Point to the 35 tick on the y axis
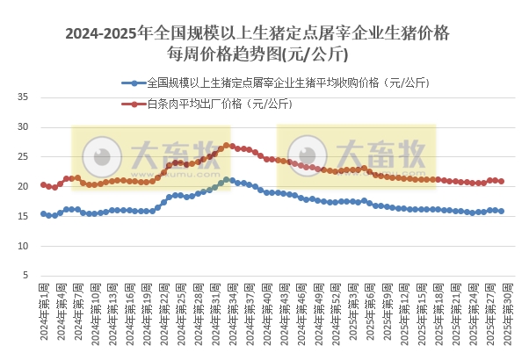24,97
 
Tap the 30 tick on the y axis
24,127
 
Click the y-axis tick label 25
24,156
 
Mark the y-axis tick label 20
24,186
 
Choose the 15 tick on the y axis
24,216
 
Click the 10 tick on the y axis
24,246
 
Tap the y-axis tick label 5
26,276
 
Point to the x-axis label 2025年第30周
501,312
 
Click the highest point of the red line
227,146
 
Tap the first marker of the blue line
43,213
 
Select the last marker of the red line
501,181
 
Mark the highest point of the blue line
227,180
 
